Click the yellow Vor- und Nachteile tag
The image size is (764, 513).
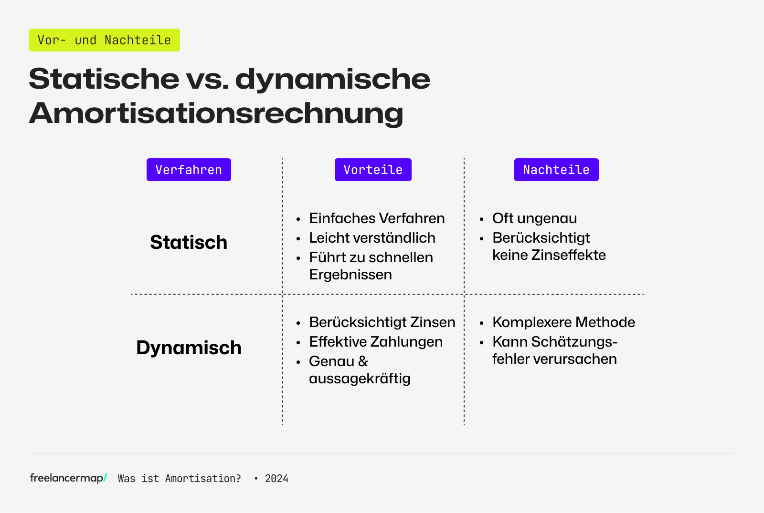tap(104, 40)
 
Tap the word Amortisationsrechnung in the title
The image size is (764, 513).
tap(216, 113)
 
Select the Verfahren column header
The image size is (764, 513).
tap(189, 170)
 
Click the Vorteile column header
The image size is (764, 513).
tap(373, 170)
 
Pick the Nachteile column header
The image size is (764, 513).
tap(556, 170)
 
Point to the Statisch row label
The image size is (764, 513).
tap(189, 242)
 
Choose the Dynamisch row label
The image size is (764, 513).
tap(189, 348)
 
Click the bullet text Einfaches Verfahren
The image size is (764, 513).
tap(377, 218)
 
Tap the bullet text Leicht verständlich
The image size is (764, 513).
tap(372, 238)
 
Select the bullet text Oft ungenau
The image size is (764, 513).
tap(534, 218)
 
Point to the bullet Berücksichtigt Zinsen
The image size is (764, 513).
tap(382, 322)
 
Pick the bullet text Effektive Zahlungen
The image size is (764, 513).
tap(376, 342)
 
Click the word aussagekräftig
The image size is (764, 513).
tap(360, 379)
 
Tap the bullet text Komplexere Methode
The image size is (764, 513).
tap(563, 322)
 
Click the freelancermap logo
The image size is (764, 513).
tap(68, 478)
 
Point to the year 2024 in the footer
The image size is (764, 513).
tap(276, 479)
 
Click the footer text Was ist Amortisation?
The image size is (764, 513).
tap(179, 479)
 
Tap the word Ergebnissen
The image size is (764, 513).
tap(350, 275)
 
